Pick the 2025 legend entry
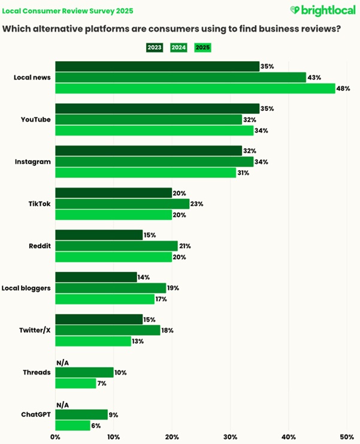point(202,47)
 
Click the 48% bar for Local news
point(195,89)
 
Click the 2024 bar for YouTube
point(149,119)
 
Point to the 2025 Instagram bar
point(146,173)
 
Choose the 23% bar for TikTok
point(122,204)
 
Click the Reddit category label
point(40,246)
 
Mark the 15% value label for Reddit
point(150,235)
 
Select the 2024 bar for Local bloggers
point(111,288)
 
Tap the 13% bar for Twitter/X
point(93,341)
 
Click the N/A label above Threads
point(62,362)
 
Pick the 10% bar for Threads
point(84,373)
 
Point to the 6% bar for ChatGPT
point(72,425)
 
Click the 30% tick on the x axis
point(230,437)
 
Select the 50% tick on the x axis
point(347,437)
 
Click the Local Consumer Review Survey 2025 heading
point(68,11)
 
